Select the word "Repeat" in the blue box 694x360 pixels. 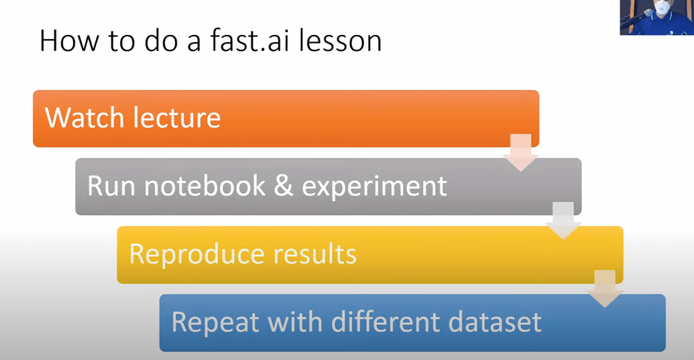click(215, 322)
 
